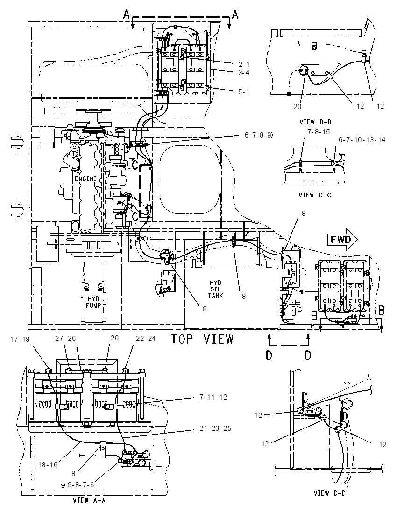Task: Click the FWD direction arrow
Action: pyautogui.click(x=342, y=240)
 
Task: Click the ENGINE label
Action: pyautogui.click(x=85, y=179)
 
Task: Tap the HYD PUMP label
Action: pyautogui.click(x=93, y=302)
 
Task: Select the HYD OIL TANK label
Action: pyautogui.click(x=215, y=289)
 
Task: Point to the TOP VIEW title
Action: pyautogui.click(x=203, y=339)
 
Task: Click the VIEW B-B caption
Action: pyautogui.click(x=315, y=122)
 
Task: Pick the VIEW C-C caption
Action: pyautogui.click(x=315, y=195)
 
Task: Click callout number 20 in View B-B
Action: pyautogui.click(x=297, y=106)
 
